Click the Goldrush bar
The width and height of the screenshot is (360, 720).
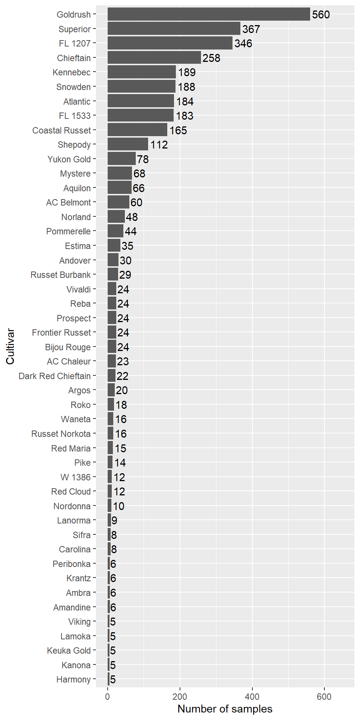[208, 14]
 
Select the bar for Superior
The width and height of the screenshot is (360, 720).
[174, 28]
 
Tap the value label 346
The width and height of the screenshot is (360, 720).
[243, 43]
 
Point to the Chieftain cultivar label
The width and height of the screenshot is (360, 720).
[74, 58]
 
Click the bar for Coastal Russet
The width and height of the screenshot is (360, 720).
[137, 130]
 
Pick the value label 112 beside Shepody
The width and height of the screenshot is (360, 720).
[159, 145]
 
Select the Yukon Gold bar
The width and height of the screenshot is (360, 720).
[121, 159]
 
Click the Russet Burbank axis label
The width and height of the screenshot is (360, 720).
[61, 275]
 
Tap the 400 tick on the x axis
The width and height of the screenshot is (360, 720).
[252, 697]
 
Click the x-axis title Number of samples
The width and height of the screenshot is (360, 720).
[225, 709]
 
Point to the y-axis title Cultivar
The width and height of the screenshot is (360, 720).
[10, 346]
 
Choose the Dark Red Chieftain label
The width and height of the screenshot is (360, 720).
[55, 376]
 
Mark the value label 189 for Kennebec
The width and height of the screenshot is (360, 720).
[187, 72]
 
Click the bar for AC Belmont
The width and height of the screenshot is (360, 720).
[118, 202]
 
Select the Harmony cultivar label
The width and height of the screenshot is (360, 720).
[73, 679]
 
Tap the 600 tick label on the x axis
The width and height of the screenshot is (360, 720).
[324, 697]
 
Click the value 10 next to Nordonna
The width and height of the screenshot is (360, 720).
[118, 506]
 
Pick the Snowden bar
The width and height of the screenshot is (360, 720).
[141, 87]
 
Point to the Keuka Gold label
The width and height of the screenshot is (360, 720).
[69, 651]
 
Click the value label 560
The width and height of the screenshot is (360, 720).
[321, 15]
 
